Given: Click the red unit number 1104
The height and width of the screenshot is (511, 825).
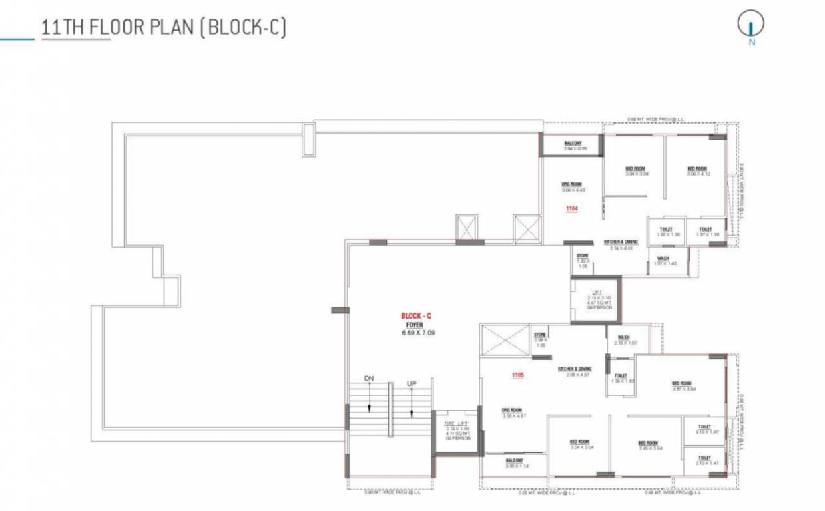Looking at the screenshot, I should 571,209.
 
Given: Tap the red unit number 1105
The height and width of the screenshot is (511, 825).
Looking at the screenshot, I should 518,375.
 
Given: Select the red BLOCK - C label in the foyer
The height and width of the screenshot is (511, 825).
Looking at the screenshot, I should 417,315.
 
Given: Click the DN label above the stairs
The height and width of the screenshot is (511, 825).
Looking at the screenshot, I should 369,379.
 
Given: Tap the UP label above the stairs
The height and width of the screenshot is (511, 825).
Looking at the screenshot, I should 412,384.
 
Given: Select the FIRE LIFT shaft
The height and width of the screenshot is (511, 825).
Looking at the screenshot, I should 457,433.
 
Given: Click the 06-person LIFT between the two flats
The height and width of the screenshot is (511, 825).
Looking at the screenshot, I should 595,300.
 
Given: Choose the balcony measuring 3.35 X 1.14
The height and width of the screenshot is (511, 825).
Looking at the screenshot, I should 515,464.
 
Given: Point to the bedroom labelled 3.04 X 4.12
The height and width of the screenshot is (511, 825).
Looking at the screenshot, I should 696,171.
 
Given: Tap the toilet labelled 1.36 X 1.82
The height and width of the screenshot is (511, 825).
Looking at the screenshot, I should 621,378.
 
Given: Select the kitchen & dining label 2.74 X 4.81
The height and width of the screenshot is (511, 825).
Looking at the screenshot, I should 621,244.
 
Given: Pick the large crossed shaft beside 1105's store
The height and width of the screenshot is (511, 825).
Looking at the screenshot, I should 504,340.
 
